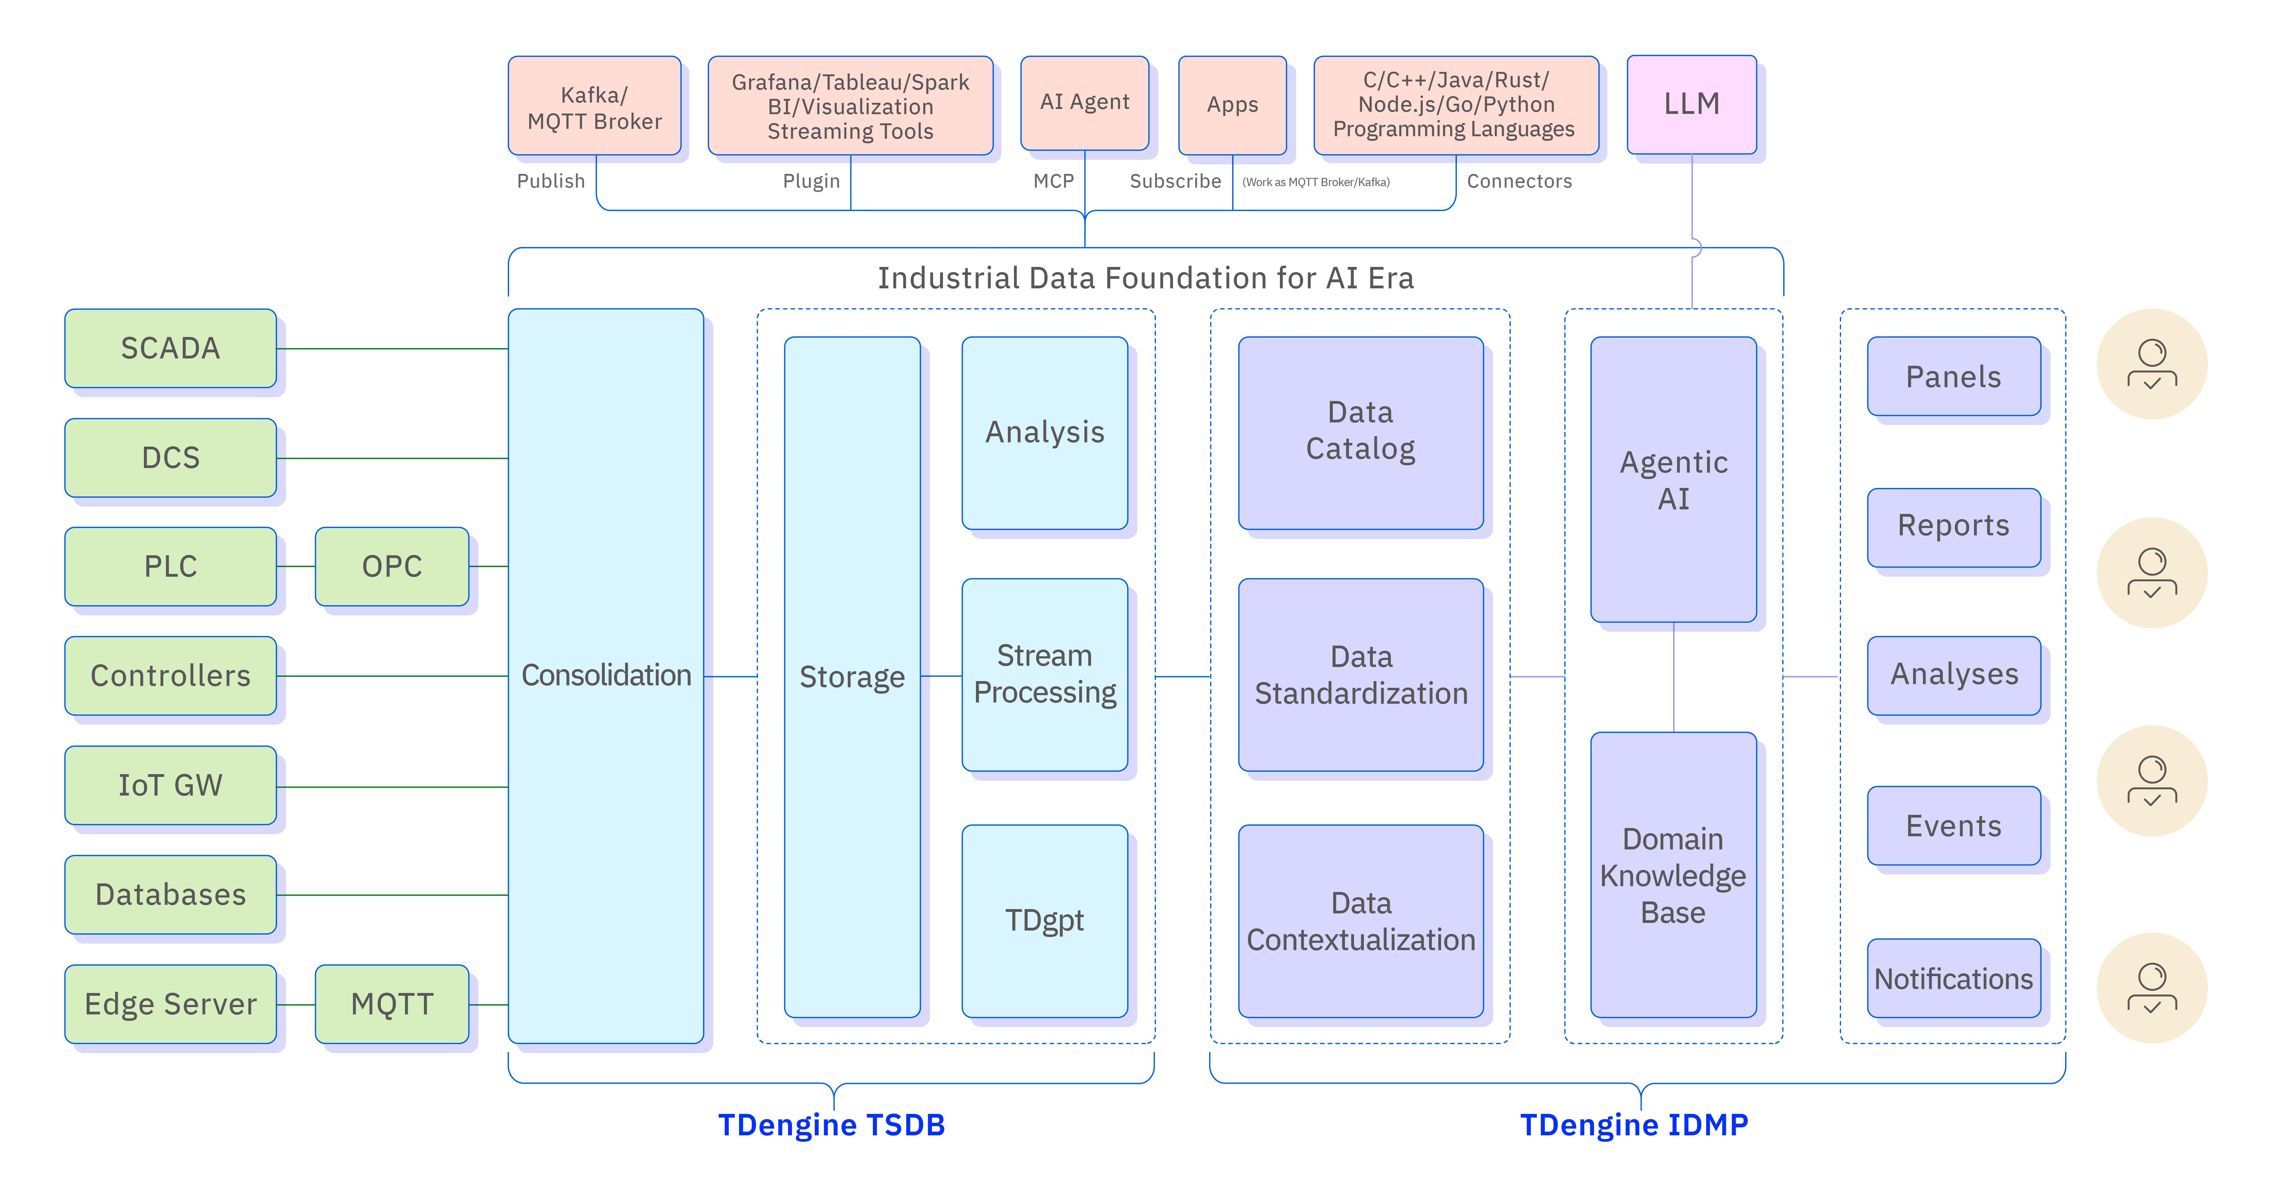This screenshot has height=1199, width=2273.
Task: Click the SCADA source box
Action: point(170,348)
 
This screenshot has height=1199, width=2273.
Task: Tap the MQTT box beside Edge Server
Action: point(392,1004)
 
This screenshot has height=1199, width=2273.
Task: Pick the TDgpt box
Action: point(1045,920)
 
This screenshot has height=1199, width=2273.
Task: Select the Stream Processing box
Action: point(1045,675)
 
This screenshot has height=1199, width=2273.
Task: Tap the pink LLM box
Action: point(1692,104)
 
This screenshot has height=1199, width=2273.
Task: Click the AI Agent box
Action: point(1084,102)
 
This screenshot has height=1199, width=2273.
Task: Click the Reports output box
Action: point(1954,526)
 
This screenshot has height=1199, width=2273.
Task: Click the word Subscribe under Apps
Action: point(1175,181)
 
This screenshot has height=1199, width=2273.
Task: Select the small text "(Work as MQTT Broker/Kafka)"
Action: point(1316,183)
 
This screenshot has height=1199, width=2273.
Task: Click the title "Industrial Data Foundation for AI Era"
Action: point(1145,278)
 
